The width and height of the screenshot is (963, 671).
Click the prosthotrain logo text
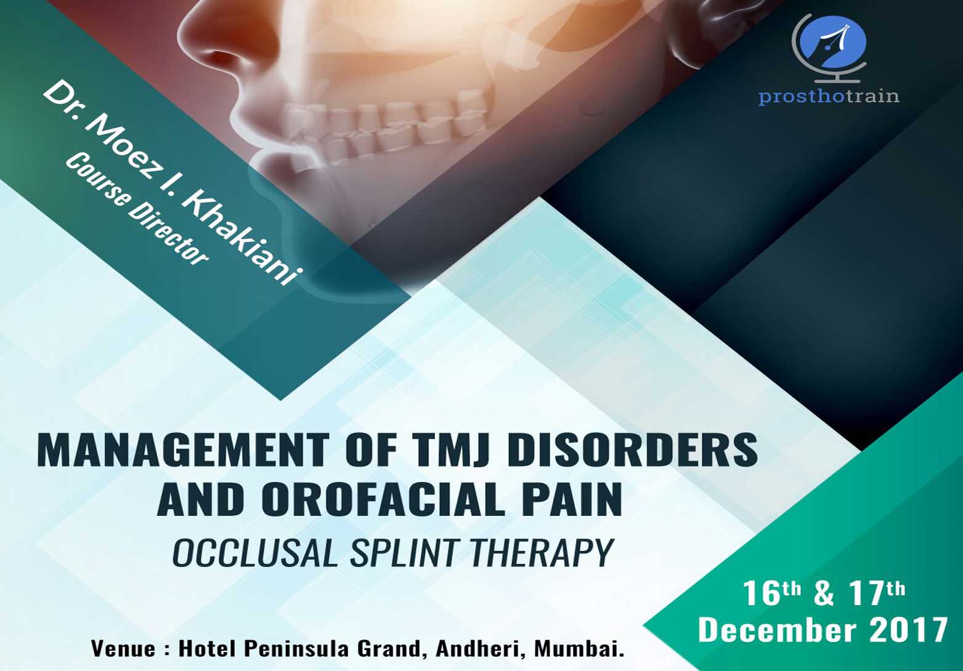click(x=829, y=96)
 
